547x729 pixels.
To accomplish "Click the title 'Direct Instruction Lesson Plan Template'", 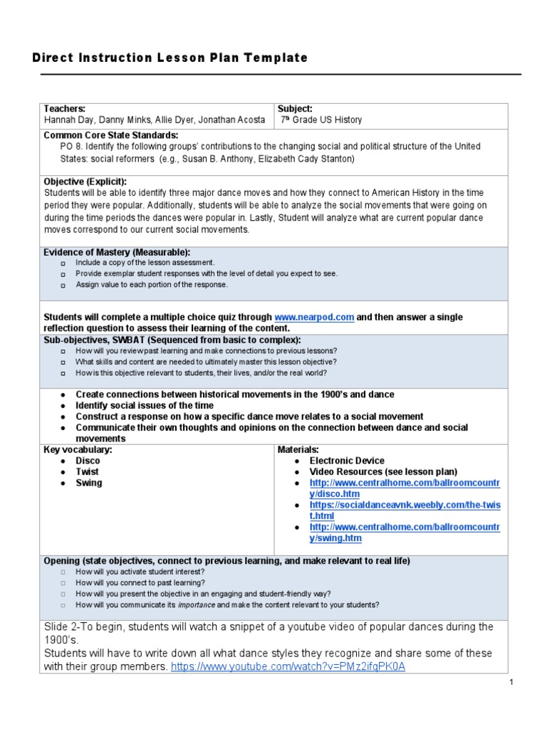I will pyautogui.click(x=170, y=58).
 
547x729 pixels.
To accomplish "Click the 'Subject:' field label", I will pyautogui.click(x=295, y=109).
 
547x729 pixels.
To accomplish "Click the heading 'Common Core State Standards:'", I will pyautogui.click(x=111, y=135).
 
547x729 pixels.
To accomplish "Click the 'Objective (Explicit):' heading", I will pyautogui.click(x=85, y=182).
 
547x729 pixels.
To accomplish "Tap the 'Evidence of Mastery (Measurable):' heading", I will pyautogui.click(x=117, y=252).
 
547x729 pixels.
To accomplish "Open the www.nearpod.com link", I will pyautogui.click(x=314, y=318).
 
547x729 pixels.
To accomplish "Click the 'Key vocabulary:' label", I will pyautogui.click(x=78, y=450).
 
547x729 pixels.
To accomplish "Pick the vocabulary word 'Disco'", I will pyautogui.click(x=88, y=461).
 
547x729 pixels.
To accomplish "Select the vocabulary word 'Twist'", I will pyautogui.click(x=88, y=472).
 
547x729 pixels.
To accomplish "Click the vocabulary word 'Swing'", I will pyautogui.click(x=89, y=483).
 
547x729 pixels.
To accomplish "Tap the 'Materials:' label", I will pyautogui.click(x=298, y=450).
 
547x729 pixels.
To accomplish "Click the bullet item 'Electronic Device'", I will pyautogui.click(x=347, y=461).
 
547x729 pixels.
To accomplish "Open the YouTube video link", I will pyautogui.click(x=288, y=667).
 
